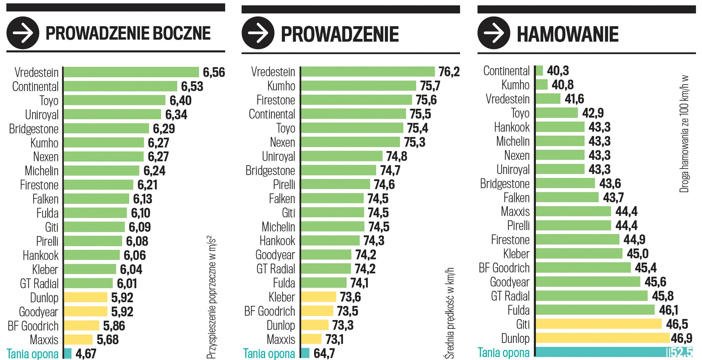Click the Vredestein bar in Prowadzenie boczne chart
tap(131, 72)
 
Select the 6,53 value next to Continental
tap(192, 86)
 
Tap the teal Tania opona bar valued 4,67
tap(68, 353)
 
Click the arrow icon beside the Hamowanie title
tap(494, 33)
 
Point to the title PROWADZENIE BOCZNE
tap(128, 33)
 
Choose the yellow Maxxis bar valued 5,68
tap(78, 339)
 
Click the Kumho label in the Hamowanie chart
tap(515, 85)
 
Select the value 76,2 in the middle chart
tap(449, 71)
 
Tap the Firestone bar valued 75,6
tap(356, 100)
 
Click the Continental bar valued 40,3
tap(539, 70)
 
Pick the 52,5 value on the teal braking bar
tap(681, 352)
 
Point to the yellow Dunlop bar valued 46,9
tap(602, 338)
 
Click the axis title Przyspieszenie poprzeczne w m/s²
tap(211, 297)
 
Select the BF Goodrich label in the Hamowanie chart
tap(504, 268)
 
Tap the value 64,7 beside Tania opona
tap(324, 353)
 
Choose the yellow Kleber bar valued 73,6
tap(319, 297)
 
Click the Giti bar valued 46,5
tap(598, 324)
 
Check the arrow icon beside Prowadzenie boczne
tap(23, 33)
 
